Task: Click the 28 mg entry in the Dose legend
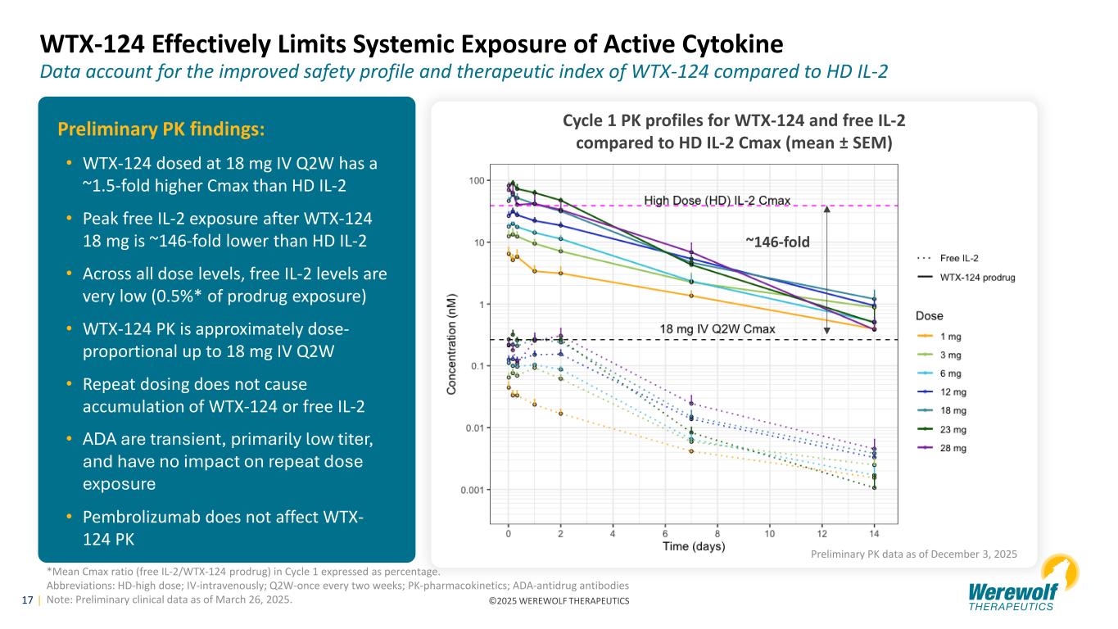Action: pyautogui.click(x=949, y=448)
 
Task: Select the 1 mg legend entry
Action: pyautogui.click(x=949, y=335)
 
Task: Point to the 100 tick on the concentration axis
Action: pyautogui.click(x=474, y=180)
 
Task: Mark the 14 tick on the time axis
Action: pyautogui.click(x=874, y=534)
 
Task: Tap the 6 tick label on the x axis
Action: pyautogui.click(x=665, y=534)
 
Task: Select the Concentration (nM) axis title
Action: pyautogui.click(x=451, y=335)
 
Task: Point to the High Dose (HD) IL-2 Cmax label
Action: pyautogui.click(x=717, y=201)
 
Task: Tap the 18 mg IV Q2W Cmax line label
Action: pyautogui.click(x=717, y=328)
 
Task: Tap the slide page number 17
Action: pyautogui.click(x=27, y=600)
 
